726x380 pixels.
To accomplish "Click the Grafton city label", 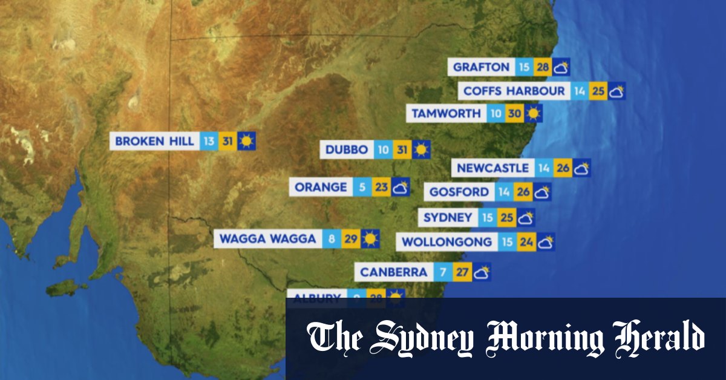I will click(x=482, y=67).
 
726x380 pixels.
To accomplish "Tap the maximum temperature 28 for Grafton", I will click(x=542, y=67).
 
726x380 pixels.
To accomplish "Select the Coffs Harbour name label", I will click(x=514, y=91).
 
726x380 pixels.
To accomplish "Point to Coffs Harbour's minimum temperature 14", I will click(x=580, y=91).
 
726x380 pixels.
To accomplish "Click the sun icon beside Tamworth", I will click(x=534, y=113).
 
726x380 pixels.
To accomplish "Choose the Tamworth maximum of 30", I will click(x=515, y=113).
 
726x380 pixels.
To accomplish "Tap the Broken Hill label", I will click(x=155, y=142).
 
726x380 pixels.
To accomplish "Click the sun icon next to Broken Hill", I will click(x=246, y=142).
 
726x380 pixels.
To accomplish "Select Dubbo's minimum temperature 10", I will click(x=383, y=149).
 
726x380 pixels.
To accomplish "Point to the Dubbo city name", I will click(x=347, y=149).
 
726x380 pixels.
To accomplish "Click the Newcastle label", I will click(x=493, y=168).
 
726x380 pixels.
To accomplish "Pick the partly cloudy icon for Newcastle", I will click(x=581, y=168).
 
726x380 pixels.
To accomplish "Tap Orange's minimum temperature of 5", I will click(x=362, y=187).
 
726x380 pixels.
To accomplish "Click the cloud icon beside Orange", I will click(x=400, y=187).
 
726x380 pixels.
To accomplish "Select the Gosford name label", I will click(x=459, y=192).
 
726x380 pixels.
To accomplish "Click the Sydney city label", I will click(x=448, y=217).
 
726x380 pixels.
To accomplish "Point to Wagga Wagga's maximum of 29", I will click(x=350, y=239).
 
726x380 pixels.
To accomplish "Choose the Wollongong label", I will click(x=447, y=242).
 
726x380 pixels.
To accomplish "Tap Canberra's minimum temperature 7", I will click(x=443, y=272).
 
